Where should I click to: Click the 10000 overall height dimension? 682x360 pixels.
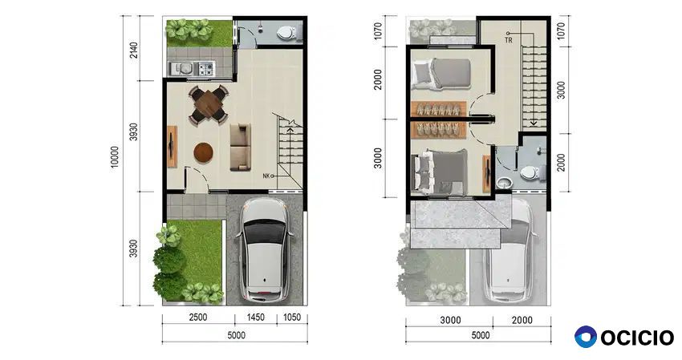(115, 157)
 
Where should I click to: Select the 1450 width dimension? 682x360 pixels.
(256, 318)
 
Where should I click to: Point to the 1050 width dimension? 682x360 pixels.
(292, 318)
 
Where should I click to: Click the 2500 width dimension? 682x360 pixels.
(198, 318)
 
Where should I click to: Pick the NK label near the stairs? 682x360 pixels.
(266, 176)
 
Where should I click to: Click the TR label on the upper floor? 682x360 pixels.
(509, 40)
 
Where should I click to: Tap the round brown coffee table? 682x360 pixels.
(204, 152)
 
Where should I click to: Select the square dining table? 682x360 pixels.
(209, 104)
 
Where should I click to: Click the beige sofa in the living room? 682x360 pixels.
(240, 147)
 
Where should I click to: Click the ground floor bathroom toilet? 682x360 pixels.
(287, 33)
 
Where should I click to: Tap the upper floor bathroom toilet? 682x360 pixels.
(531, 173)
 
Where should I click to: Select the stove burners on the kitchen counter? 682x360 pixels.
(205, 68)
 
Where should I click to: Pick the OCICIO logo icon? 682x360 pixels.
(586, 337)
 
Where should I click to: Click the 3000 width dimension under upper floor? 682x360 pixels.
(450, 321)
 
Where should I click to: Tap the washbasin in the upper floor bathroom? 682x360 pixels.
(504, 183)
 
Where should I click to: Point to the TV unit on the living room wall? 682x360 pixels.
(173, 147)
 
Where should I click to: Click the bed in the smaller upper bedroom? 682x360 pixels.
(442, 74)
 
